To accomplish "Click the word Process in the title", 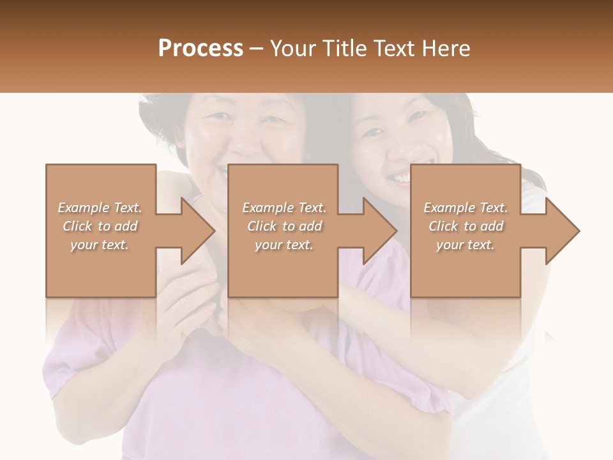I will click(201, 49).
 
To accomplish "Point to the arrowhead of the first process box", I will click(199, 231).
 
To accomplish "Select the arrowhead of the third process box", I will click(563, 231).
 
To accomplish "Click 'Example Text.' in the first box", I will click(100, 208).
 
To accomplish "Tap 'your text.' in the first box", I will click(100, 245).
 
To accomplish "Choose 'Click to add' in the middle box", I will click(284, 226).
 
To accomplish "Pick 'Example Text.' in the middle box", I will click(284, 208).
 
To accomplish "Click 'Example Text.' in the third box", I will click(465, 208).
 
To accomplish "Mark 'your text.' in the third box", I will click(465, 245).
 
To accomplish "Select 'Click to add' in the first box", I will click(100, 226).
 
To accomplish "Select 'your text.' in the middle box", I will click(284, 245).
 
